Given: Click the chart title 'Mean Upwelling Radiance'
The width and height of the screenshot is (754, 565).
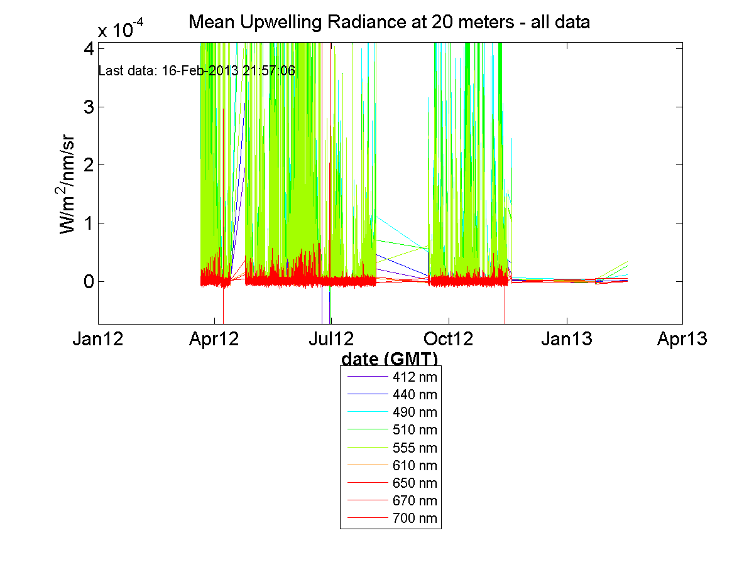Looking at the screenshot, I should click(390, 23).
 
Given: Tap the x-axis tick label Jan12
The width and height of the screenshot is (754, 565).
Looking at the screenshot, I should click(98, 340).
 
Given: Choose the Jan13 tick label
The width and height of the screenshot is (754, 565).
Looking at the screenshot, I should click(567, 340).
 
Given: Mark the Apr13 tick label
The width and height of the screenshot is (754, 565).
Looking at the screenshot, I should click(682, 340).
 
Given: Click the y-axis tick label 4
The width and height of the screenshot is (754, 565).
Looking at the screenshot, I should click(88, 48).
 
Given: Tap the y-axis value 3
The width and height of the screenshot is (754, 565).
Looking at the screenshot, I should click(88, 107).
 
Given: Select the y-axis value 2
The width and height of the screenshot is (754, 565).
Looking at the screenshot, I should click(88, 165).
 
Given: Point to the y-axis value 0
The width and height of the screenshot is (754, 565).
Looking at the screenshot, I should click(88, 281).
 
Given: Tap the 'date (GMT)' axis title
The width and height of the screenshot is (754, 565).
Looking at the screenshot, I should click(390, 359).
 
